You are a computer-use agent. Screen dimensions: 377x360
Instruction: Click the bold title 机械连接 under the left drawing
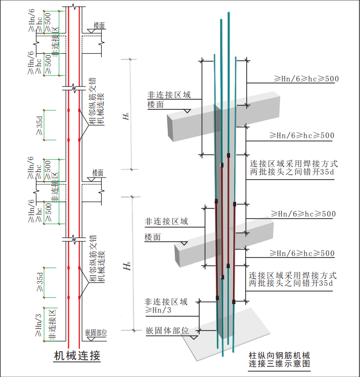pyautogui.click(x=77, y=356)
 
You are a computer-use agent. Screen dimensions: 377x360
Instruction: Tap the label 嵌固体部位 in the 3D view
pyautogui.click(x=167, y=330)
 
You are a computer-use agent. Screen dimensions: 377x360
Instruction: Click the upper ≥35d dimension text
pyautogui.click(x=39, y=124)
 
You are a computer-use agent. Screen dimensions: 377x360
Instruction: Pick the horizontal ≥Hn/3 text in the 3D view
pyautogui.click(x=159, y=310)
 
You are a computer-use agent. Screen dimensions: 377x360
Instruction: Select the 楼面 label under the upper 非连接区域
pyautogui.click(x=156, y=104)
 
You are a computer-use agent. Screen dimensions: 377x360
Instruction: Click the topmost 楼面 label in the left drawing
pyautogui.click(x=99, y=25)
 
